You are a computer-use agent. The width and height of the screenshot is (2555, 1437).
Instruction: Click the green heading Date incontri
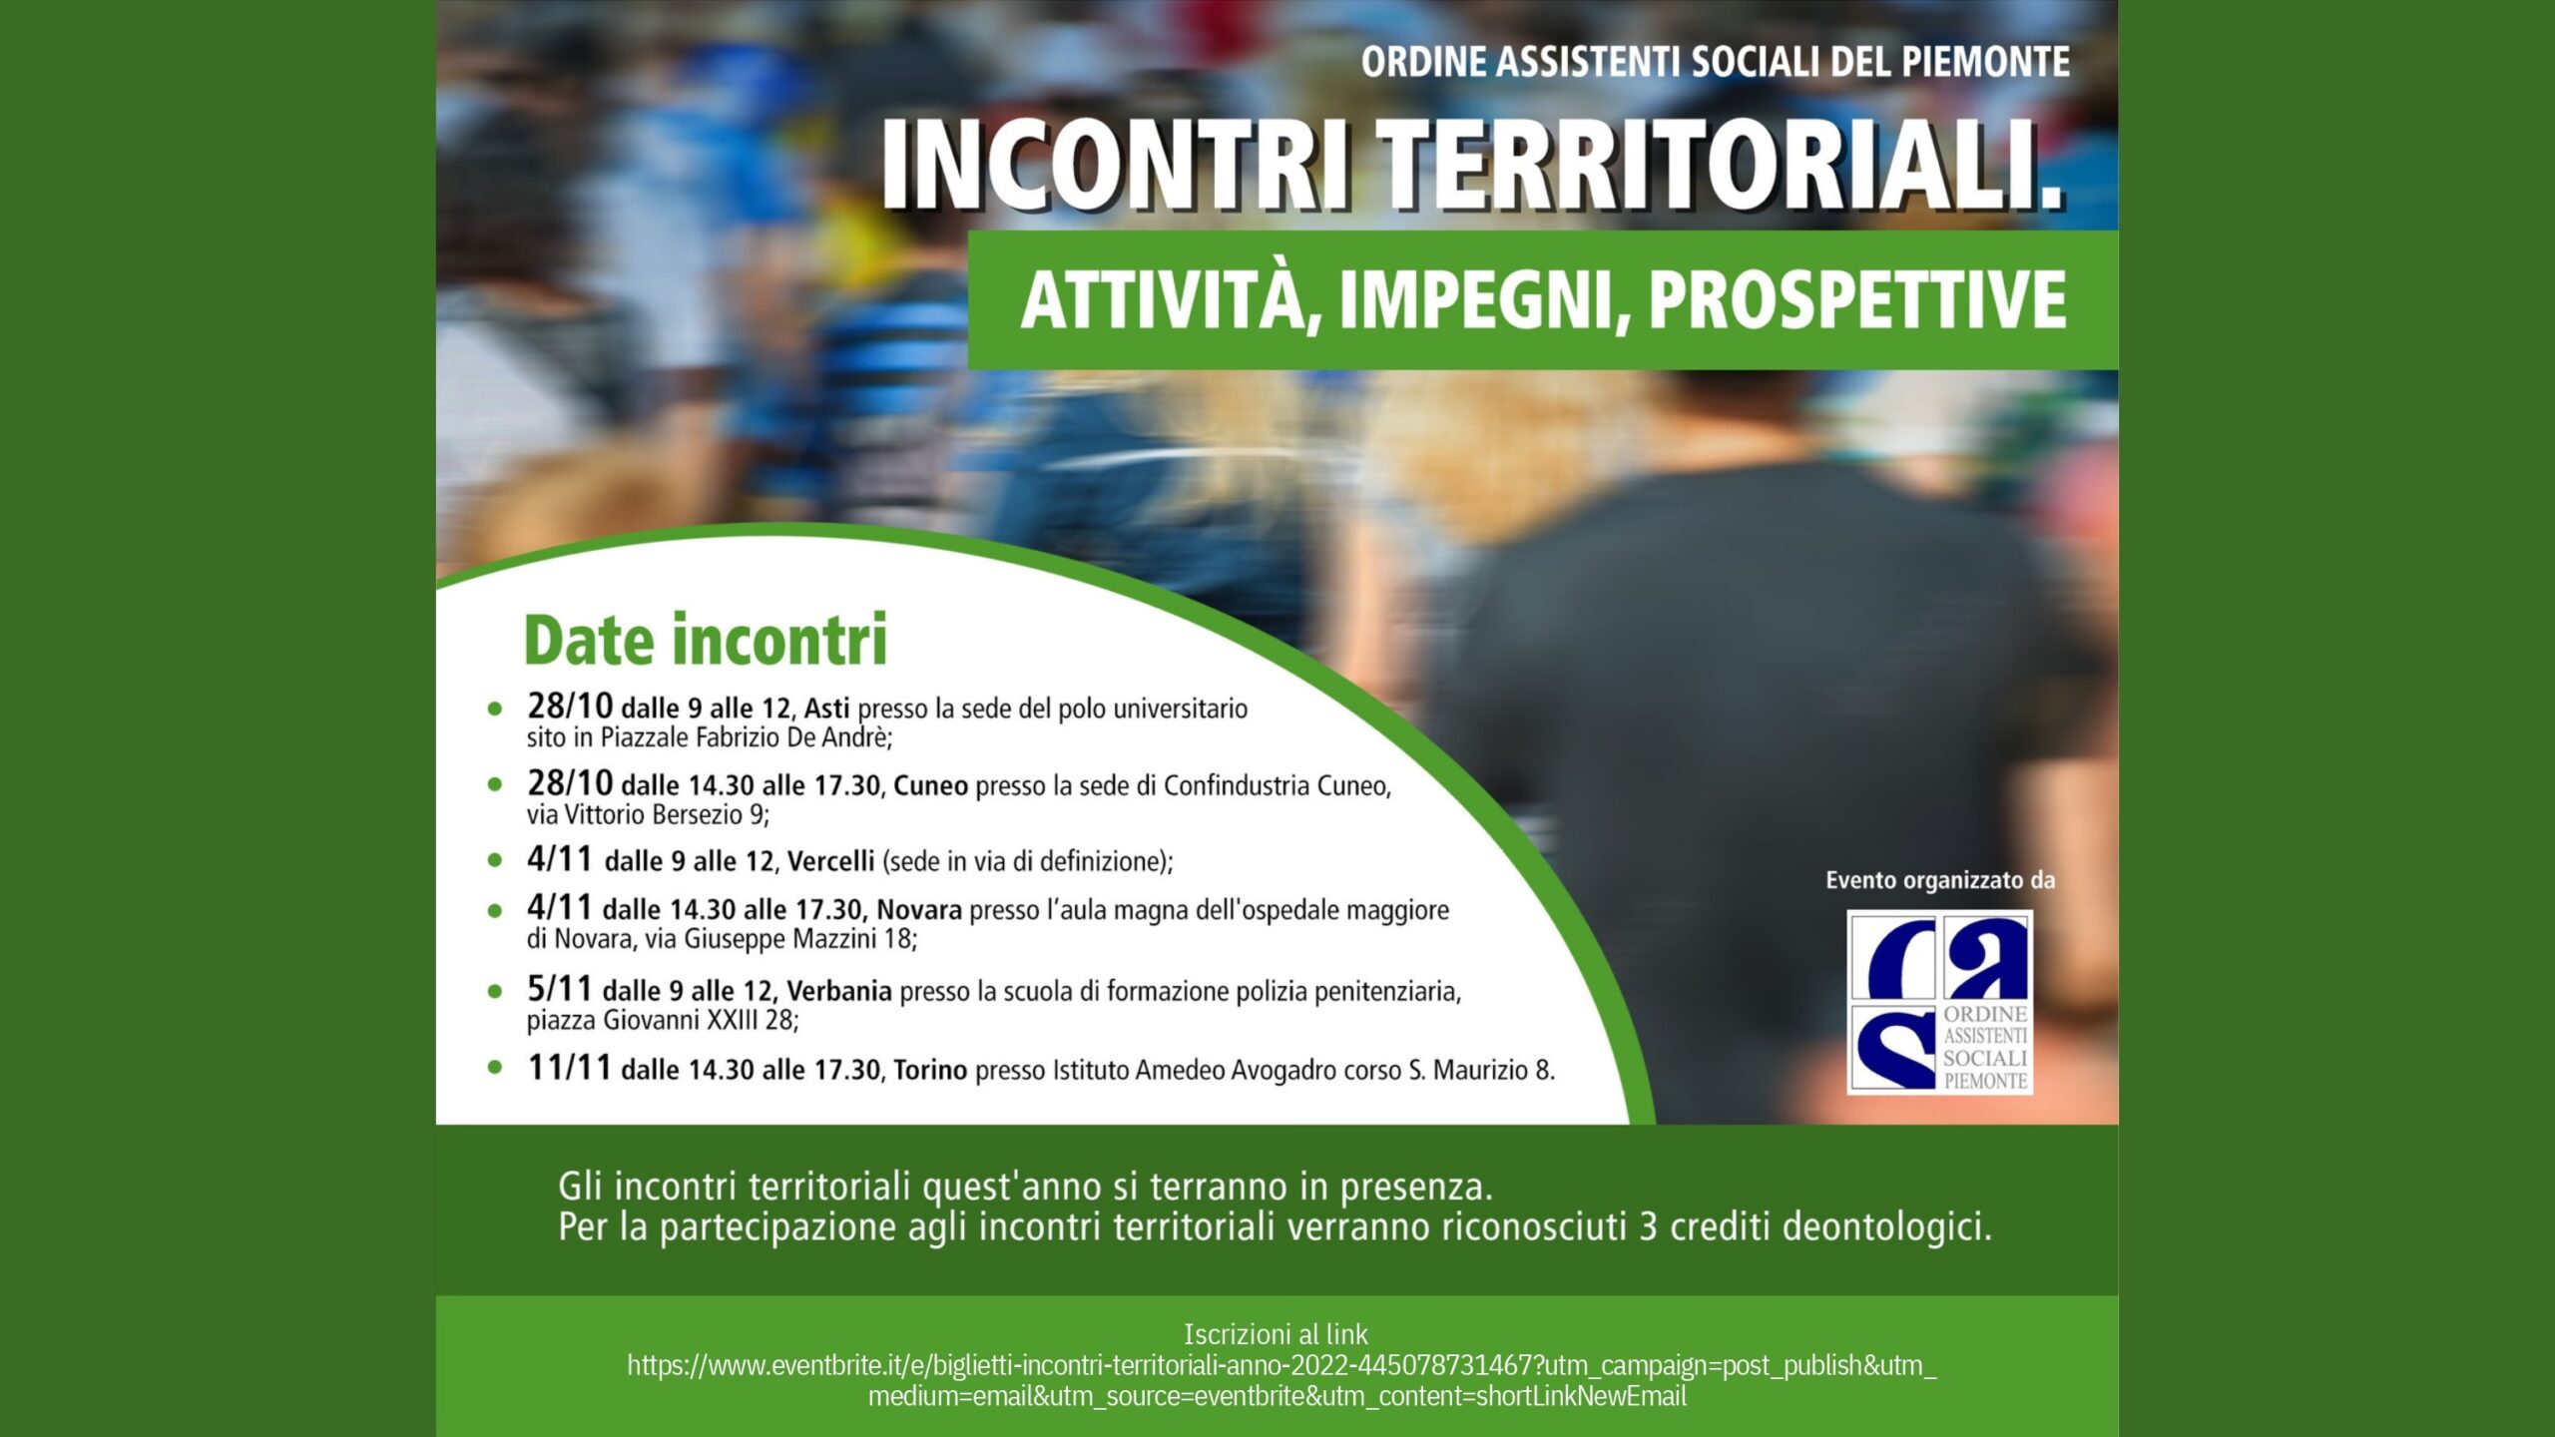tap(706, 640)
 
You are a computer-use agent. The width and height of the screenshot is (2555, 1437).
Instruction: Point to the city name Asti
tap(826, 709)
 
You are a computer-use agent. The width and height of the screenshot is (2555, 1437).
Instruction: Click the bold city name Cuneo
tap(930, 786)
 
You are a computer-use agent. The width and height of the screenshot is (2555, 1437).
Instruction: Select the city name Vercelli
tap(830, 861)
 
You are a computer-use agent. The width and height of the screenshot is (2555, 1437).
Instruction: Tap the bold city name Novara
tap(919, 910)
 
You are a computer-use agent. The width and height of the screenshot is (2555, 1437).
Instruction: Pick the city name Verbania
tap(838, 991)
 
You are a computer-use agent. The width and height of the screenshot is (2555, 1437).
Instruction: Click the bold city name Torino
tap(930, 1071)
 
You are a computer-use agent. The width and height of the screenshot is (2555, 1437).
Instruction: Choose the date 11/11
tap(569, 1068)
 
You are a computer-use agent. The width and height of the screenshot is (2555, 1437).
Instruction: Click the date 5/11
tap(560, 989)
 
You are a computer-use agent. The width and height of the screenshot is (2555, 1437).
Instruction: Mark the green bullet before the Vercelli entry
tap(495, 861)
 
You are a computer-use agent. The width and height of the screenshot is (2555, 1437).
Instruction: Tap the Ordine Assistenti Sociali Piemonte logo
tap(1939, 1002)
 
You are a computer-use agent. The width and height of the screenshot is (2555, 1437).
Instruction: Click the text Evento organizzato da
tap(1940, 881)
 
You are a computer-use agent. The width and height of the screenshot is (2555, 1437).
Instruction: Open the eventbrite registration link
tap(1280, 1380)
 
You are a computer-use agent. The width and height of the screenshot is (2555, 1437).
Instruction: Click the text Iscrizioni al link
tap(1277, 1334)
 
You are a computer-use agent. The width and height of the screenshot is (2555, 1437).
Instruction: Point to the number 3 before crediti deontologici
tap(1648, 1226)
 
